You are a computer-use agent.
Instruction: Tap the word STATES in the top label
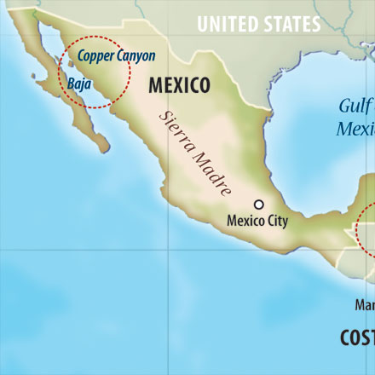(291, 24)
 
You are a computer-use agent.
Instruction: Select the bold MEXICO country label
(180, 85)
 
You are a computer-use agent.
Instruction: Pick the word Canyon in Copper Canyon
(136, 57)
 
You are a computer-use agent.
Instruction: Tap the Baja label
(78, 84)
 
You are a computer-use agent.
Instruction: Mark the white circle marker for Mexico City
(259, 205)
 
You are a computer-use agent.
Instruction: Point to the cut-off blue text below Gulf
(356, 129)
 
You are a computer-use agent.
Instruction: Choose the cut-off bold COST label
(357, 338)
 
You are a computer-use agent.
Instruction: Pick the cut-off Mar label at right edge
(365, 304)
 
